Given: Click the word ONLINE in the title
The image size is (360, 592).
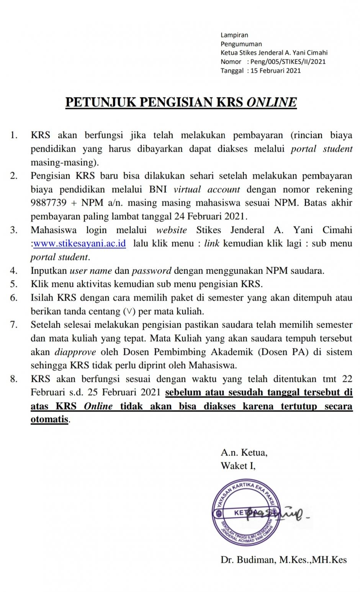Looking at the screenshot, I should (x=272, y=102).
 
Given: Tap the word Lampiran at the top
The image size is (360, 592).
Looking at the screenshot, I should (x=234, y=35).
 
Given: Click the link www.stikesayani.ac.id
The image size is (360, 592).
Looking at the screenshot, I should (x=80, y=244).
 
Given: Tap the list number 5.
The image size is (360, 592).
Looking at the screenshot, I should (x=14, y=284).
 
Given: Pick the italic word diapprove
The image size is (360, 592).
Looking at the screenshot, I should (x=75, y=352).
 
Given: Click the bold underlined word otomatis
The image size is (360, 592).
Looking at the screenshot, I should (x=49, y=419).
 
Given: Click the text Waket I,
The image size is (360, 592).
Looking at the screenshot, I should (x=238, y=466).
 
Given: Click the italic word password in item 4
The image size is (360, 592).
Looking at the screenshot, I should (x=152, y=271).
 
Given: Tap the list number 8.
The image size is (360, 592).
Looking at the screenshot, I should (x=14, y=379).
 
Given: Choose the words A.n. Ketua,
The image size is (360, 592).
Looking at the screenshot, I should (x=244, y=453).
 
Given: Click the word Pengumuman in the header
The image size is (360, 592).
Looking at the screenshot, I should (x=241, y=44).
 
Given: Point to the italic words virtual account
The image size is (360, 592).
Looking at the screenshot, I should (x=207, y=190).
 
